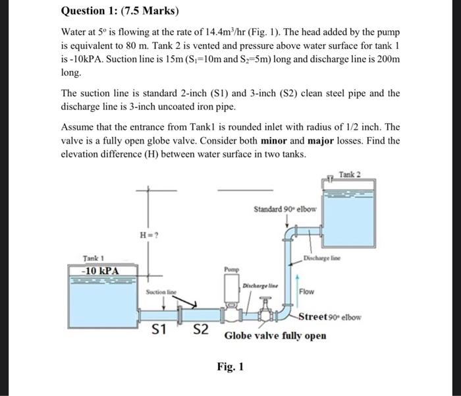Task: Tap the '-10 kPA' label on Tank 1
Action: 95,270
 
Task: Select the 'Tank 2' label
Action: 350,174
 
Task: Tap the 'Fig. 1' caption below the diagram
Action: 230,366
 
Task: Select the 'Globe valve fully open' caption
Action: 275,335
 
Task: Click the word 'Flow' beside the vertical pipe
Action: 307,291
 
